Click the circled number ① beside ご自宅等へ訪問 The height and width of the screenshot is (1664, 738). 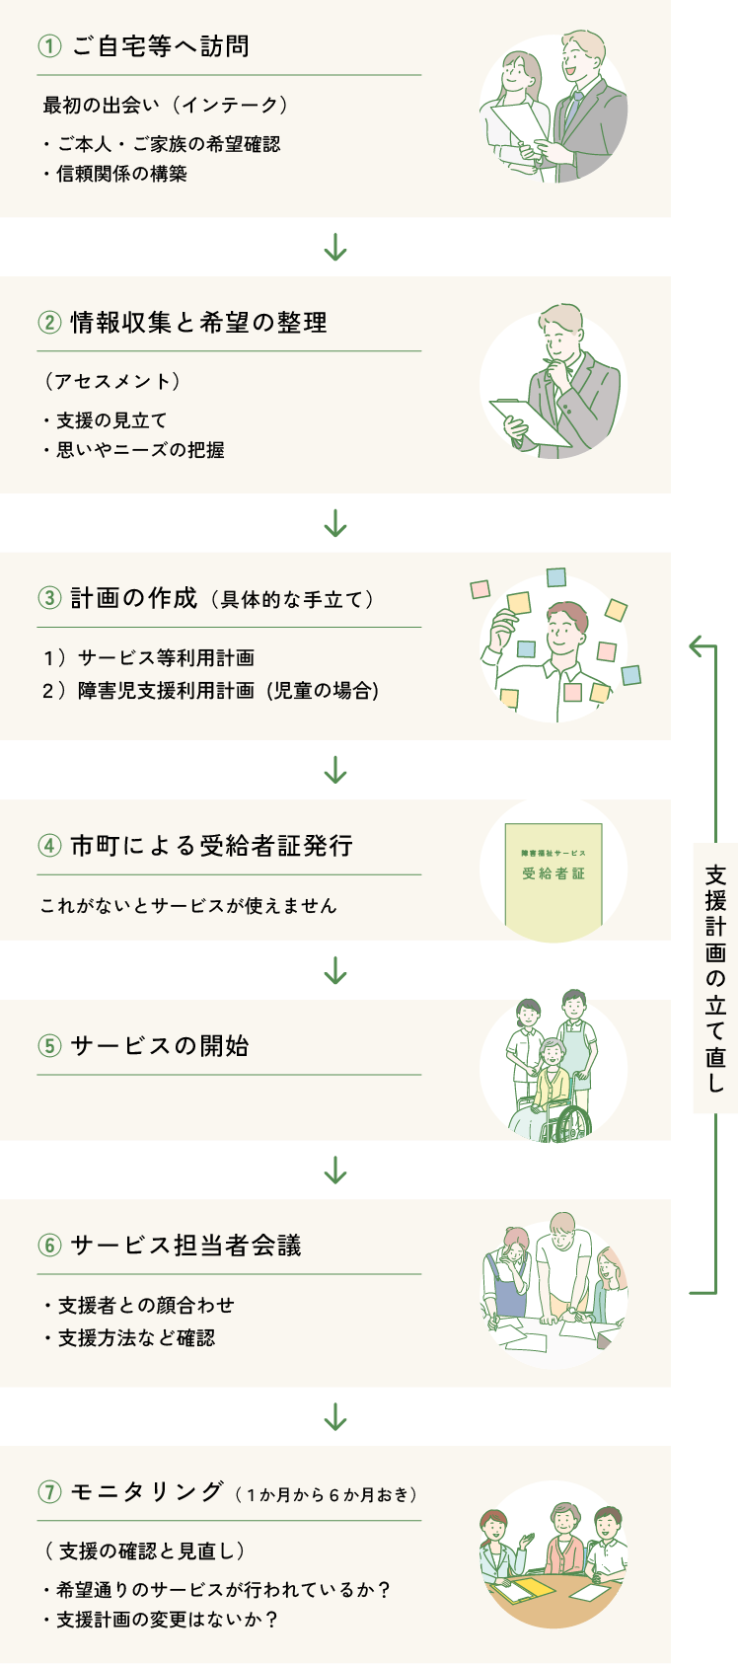click(x=49, y=46)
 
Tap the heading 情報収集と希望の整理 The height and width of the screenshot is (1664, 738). click(x=198, y=323)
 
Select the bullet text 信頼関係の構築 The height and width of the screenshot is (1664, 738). click(x=121, y=174)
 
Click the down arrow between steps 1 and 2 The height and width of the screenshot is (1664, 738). click(x=335, y=247)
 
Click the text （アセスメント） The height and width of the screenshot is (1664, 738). click(x=111, y=381)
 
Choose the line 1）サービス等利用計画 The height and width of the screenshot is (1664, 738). click(x=149, y=657)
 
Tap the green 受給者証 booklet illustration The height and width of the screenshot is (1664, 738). click(x=553, y=874)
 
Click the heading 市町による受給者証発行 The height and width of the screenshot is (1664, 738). click(x=211, y=846)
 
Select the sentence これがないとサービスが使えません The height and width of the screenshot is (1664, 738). click(x=187, y=905)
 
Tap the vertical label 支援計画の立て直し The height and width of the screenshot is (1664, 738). click(x=715, y=978)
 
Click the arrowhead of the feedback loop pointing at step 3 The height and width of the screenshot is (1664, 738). click(x=695, y=646)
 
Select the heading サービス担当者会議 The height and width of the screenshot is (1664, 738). click(x=185, y=1246)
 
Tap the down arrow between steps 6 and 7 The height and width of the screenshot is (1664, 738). click(x=335, y=1417)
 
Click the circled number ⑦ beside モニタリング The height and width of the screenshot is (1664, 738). click(x=49, y=1492)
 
